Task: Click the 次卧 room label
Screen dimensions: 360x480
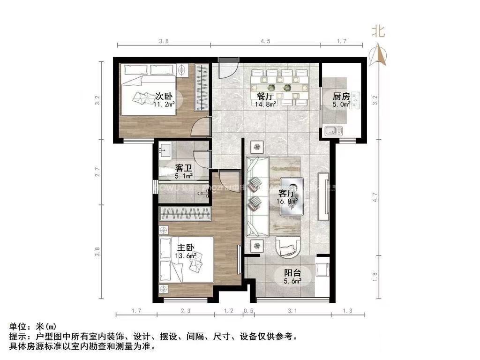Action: coord(165,97)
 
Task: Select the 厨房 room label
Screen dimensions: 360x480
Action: coord(342,97)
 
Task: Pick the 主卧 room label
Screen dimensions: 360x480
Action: coord(186,247)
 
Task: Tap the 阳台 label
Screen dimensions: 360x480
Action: coord(292,272)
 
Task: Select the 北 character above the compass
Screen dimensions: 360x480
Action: coord(378,31)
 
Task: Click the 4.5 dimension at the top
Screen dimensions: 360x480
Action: coord(265,41)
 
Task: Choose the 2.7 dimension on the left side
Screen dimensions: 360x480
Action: coord(98,172)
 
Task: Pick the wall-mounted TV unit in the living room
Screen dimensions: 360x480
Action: coord(323,197)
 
